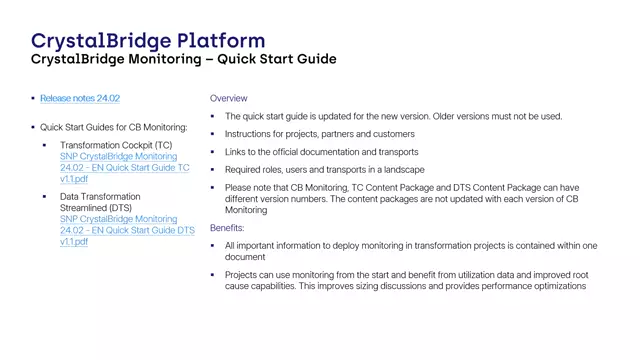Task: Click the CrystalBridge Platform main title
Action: (148, 40)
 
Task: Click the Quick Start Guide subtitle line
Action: (183, 60)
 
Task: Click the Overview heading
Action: (228, 99)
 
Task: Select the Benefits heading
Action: (228, 228)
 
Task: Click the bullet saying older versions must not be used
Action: (393, 116)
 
